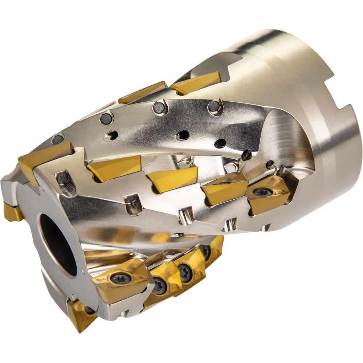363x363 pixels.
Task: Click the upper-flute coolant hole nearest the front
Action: pos(109,136)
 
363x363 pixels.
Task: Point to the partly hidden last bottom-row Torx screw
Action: pos(205,250)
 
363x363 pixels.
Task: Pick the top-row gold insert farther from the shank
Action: pos(142,92)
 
